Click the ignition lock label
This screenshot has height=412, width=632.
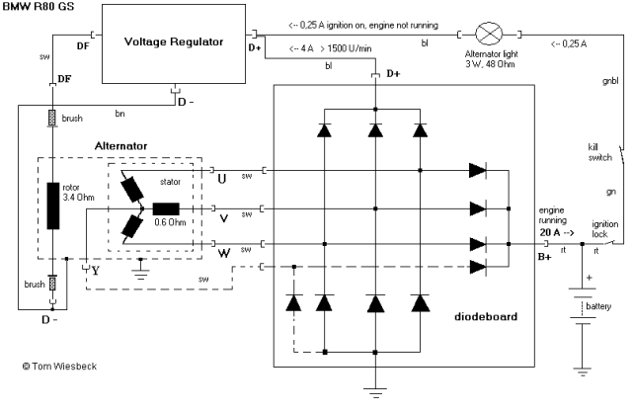point(604,229)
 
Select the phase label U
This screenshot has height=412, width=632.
point(221,177)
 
